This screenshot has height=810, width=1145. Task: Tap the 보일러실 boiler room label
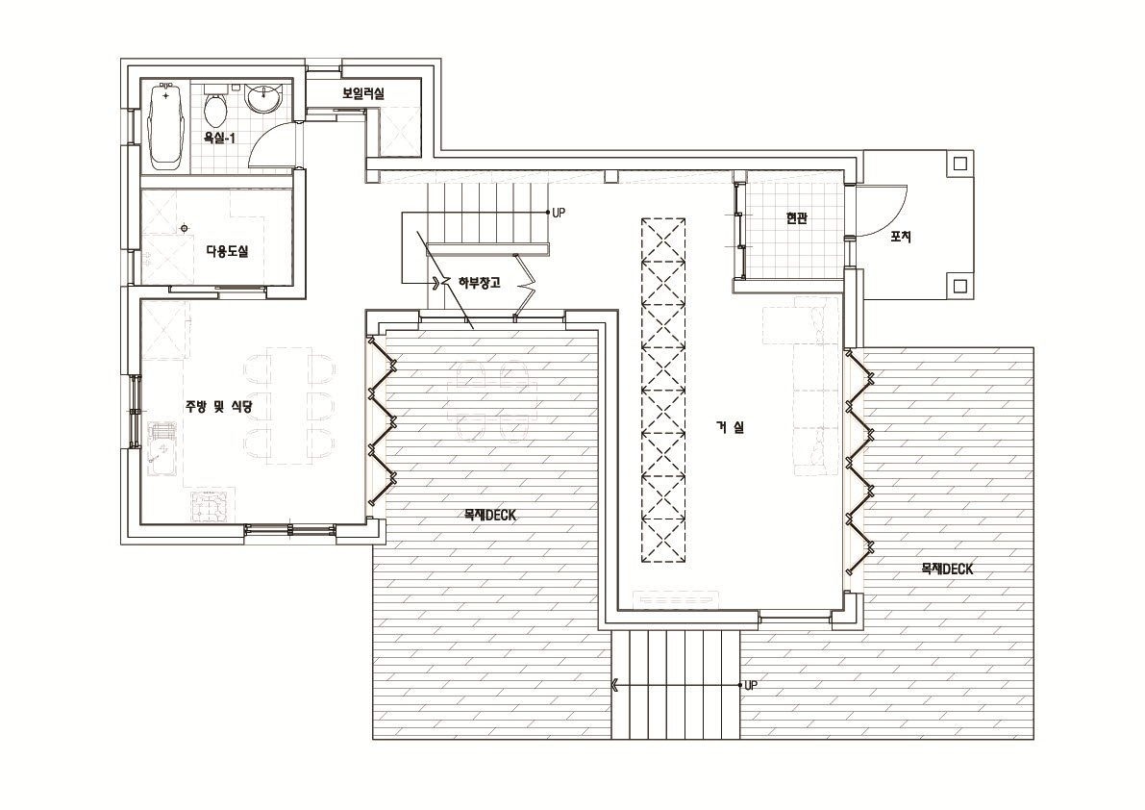(x=363, y=93)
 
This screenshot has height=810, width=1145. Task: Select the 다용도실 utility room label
(x=227, y=252)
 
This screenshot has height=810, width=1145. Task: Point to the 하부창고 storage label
(x=479, y=283)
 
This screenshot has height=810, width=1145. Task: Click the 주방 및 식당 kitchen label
(x=218, y=406)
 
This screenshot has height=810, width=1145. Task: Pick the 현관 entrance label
(x=796, y=219)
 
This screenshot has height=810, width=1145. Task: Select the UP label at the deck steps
(x=751, y=686)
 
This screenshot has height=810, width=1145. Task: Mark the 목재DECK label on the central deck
(x=489, y=516)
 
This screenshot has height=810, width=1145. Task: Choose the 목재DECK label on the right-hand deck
(x=947, y=570)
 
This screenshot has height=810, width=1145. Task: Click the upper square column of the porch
(x=959, y=164)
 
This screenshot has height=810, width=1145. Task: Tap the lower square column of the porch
(x=959, y=284)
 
